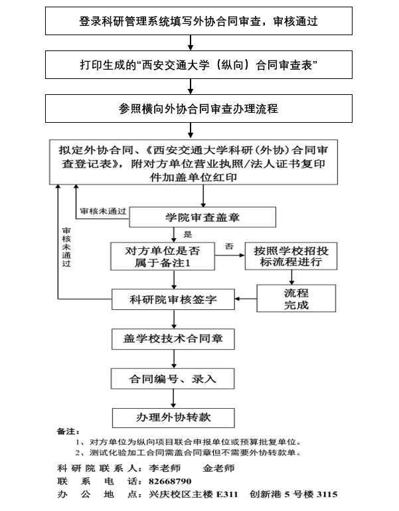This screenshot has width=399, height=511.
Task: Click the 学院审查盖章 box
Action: [x=202, y=217]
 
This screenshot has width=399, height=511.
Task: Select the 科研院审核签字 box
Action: [x=173, y=299]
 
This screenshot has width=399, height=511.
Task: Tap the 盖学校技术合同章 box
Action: [x=173, y=338]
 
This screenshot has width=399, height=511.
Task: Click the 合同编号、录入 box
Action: [x=173, y=378]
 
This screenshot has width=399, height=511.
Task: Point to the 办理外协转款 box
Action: [x=173, y=417]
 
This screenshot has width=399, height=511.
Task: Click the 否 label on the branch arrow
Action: [x=229, y=246]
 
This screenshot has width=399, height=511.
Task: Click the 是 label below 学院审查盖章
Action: [x=187, y=234]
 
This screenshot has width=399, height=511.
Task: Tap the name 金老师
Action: [x=219, y=467]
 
